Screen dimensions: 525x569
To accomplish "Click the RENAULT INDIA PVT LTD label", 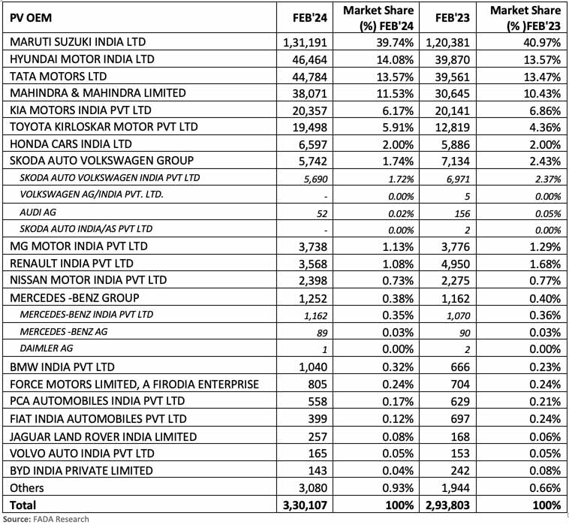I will tap(71, 263).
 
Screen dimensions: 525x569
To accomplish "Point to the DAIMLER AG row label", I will tap(46, 348).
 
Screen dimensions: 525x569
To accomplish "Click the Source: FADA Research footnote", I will tap(45, 519).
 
